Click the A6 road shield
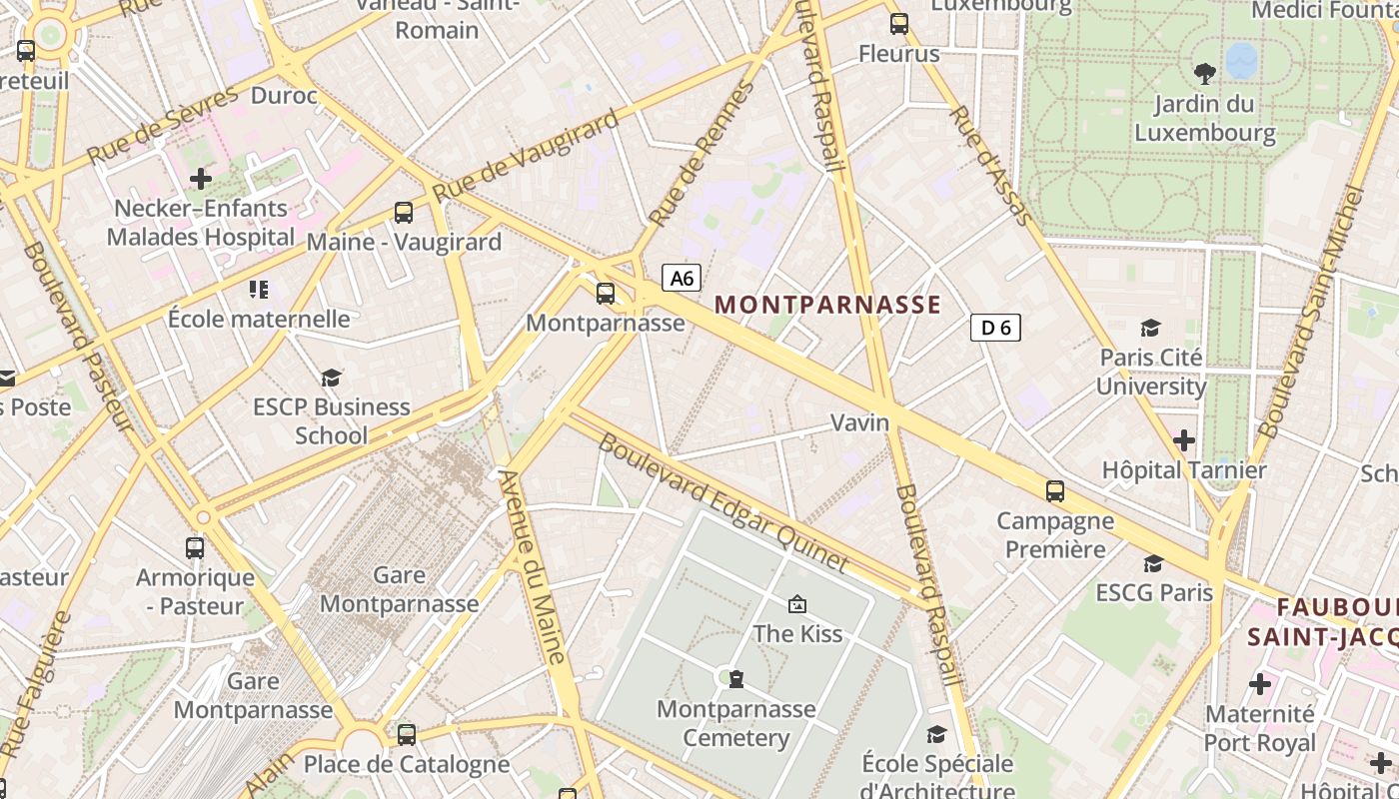(x=682, y=278)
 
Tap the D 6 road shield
(x=995, y=327)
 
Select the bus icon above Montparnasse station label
(x=606, y=294)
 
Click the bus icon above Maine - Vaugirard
(x=404, y=213)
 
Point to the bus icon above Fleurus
(x=899, y=24)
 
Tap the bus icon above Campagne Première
(x=1055, y=491)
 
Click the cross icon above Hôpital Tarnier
(x=1184, y=439)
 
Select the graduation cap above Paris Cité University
(x=1151, y=328)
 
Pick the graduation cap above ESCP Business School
(x=331, y=378)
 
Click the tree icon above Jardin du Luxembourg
(x=1205, y=73)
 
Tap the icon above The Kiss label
(x=797, y=604)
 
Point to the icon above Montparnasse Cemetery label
(x=736, y=679)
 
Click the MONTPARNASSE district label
(x=828, y=305)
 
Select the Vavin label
(x=860, y=422)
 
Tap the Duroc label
(x=284, y=96)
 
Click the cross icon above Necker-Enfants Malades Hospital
(x=201, y=179)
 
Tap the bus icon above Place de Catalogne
(x=407, y=735)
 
